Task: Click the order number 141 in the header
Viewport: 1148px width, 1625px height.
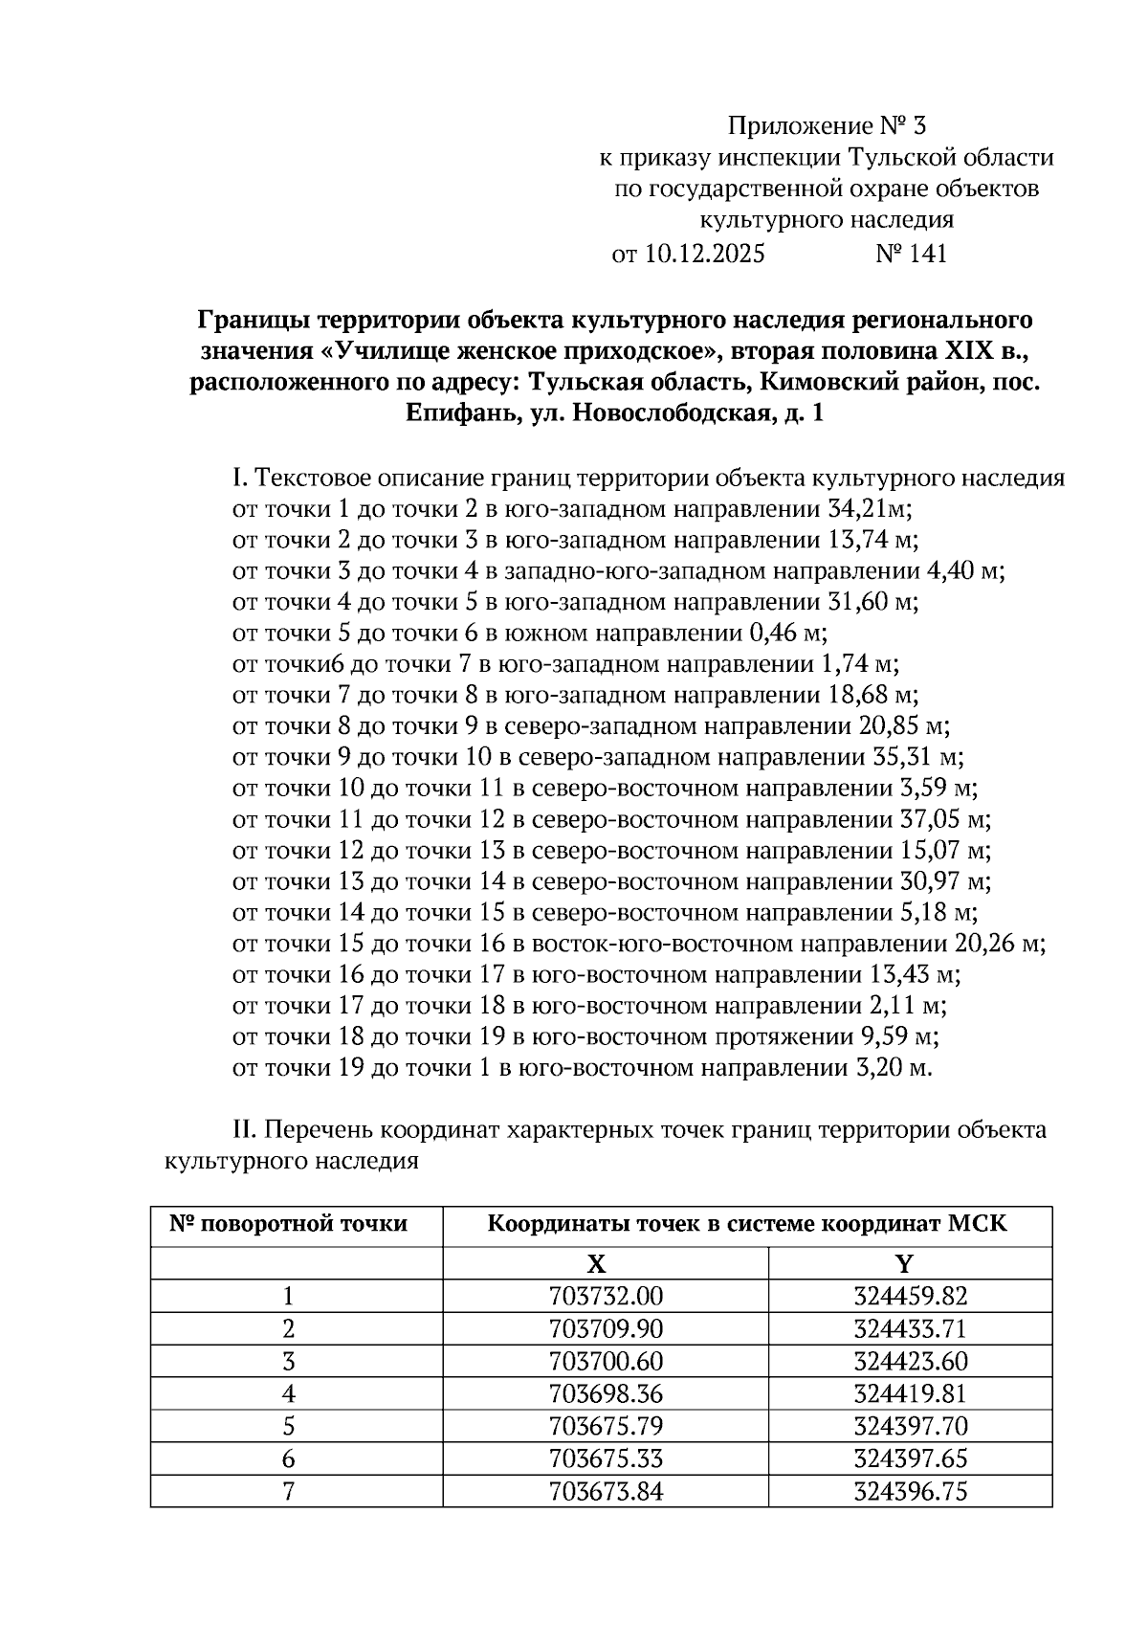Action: click(924, 254)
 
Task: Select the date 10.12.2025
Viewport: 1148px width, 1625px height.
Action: click(703, 254)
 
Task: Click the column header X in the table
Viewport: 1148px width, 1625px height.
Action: click(596, 1264)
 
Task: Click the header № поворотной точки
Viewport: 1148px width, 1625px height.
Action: click(288, 1224)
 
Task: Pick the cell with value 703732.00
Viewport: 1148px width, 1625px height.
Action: click(606, 1297)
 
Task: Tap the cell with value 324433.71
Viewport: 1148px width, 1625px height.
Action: click(910, 1329)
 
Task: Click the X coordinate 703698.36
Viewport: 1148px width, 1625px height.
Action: click(606, 1394)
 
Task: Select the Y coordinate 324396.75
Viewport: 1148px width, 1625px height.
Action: click(910, 1491)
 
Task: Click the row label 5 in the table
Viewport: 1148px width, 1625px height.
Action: click(288, 1427)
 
